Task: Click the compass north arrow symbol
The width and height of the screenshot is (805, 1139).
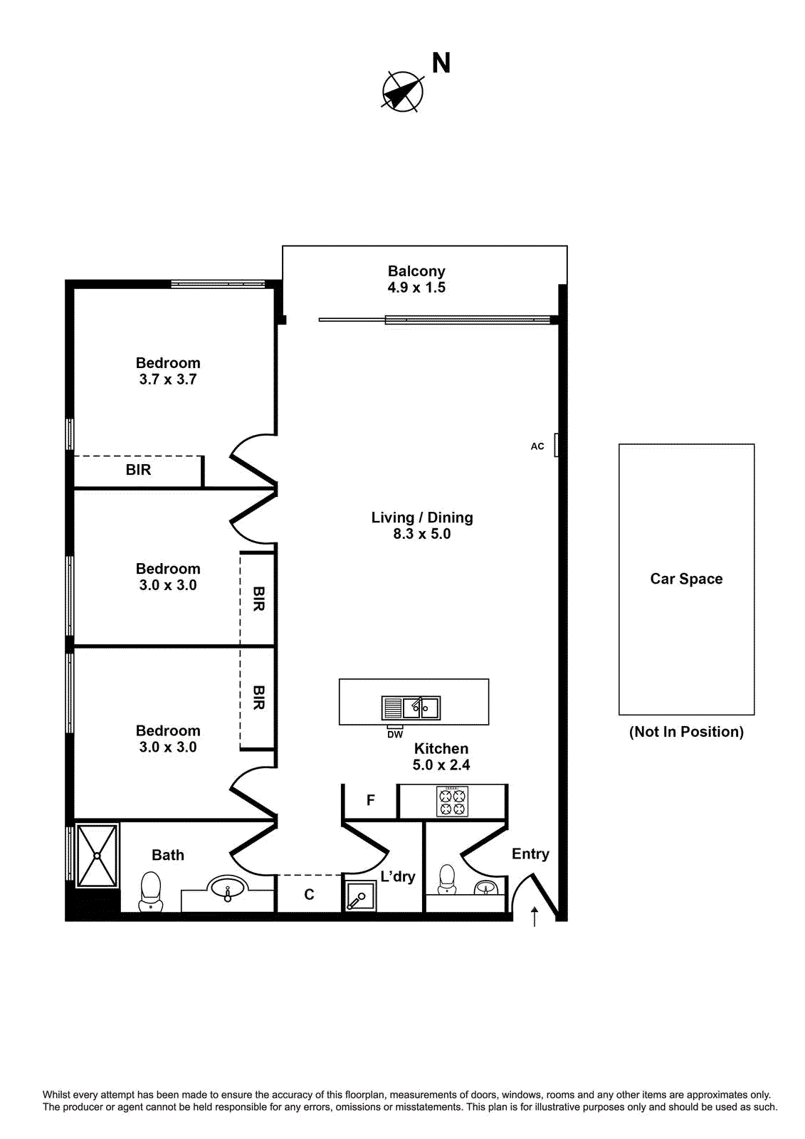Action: coord(402,92)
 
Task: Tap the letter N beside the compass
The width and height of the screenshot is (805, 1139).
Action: coord(441,63)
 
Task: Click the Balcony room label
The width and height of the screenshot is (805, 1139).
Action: coord(416,271)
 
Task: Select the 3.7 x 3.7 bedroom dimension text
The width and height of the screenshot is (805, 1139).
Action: coord(168,379)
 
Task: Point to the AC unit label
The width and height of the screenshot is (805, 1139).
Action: coord(537,446)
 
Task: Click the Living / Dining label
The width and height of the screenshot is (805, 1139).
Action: coord(422,518)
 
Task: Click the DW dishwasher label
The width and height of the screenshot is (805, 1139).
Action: coord(395,735)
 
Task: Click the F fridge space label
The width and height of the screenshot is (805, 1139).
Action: coord(371,801)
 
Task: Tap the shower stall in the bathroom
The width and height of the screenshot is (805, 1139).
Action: coord(97,856)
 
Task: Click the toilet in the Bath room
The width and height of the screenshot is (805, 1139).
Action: coord(151,892)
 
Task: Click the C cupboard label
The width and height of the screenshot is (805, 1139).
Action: coord(309,895)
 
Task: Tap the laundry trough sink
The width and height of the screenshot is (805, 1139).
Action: coord(360,896)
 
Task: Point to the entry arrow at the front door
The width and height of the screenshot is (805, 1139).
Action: coord(535,916)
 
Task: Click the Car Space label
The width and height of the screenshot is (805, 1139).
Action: coord(686,579)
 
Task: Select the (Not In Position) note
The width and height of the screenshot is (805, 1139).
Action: coord(686,732)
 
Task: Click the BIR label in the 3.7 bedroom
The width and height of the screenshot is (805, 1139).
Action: coord(138,470)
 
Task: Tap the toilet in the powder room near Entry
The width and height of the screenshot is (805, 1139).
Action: coord(447,880)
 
